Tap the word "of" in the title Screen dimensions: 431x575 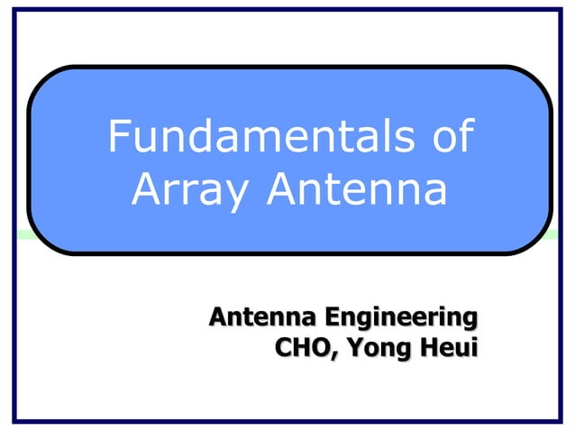[x=450, y=138]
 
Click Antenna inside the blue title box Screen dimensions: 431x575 [x=354, y=189]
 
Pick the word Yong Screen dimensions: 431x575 [x=374, y=347]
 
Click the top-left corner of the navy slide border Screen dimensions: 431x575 [x=14, y=9]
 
